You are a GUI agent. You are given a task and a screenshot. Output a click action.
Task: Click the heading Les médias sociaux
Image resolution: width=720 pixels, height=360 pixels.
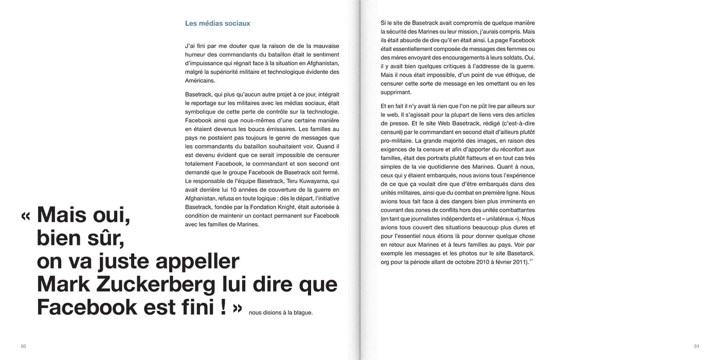coord(218,24)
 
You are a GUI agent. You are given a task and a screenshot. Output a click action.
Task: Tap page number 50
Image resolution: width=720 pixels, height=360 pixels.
coord(23,346)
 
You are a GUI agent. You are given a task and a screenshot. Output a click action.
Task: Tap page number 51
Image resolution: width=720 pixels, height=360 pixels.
coord(696,346)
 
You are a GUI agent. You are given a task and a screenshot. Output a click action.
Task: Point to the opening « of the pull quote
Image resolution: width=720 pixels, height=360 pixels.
coord(26,215)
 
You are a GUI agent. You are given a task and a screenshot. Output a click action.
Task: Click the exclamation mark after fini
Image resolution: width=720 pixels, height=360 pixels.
coord(223,307)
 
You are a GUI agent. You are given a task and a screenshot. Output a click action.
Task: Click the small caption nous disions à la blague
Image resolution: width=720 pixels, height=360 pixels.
coord(280,312)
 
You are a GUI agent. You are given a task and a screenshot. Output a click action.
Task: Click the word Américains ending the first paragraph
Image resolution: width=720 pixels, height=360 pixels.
coord(200,81)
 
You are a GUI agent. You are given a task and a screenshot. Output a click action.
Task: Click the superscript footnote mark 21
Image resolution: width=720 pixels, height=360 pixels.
coord(531,260)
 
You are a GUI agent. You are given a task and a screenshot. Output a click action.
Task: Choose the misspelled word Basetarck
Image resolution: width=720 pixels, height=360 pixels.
coord(519,253)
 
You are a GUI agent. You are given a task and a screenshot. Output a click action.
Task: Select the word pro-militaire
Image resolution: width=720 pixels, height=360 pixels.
coord(397,140)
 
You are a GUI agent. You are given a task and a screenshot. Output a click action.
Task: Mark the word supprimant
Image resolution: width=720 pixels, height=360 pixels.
coord(396,93)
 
